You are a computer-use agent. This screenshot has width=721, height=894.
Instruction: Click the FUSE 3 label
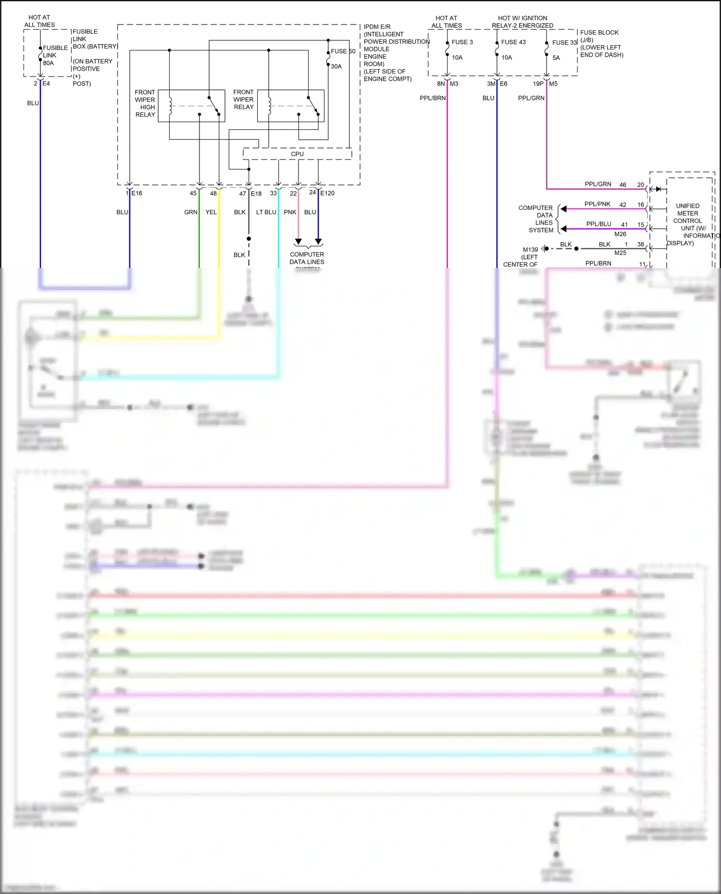(462, 42)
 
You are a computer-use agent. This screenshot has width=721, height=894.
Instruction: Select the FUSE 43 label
(513, 42)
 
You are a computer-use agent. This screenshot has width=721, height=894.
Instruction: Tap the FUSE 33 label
(564, 43)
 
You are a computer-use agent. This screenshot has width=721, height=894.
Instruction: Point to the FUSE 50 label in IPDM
(343, 51)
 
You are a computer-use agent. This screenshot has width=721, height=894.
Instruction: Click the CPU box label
(297, 154)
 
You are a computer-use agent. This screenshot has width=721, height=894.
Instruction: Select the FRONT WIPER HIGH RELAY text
(145, 103)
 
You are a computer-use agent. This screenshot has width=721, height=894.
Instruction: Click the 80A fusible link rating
(49, 63)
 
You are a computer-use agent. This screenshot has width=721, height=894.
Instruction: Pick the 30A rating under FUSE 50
(336, 67)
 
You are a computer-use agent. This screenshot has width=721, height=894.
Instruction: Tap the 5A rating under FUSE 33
(556, 58)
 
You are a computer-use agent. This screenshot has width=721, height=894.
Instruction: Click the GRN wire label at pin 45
(191, 212)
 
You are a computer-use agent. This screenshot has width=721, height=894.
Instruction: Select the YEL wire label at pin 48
(211, 212)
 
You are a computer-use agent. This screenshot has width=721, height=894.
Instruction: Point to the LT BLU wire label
(266, 212)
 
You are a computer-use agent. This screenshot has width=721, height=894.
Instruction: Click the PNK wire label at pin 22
(290, 212)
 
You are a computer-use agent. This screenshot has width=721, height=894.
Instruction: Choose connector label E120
(327, 193)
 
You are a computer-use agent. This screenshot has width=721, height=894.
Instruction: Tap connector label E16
(137, 193)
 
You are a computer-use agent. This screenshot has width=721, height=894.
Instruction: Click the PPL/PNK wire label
(597, 204)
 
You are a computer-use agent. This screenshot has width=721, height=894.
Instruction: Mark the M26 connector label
(620, 234)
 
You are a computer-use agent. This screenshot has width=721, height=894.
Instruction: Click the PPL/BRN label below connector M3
(433, 98)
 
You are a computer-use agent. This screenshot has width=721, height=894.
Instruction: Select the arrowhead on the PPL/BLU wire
(564, 229)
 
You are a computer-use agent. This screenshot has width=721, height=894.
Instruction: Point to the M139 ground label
(530, 250)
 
